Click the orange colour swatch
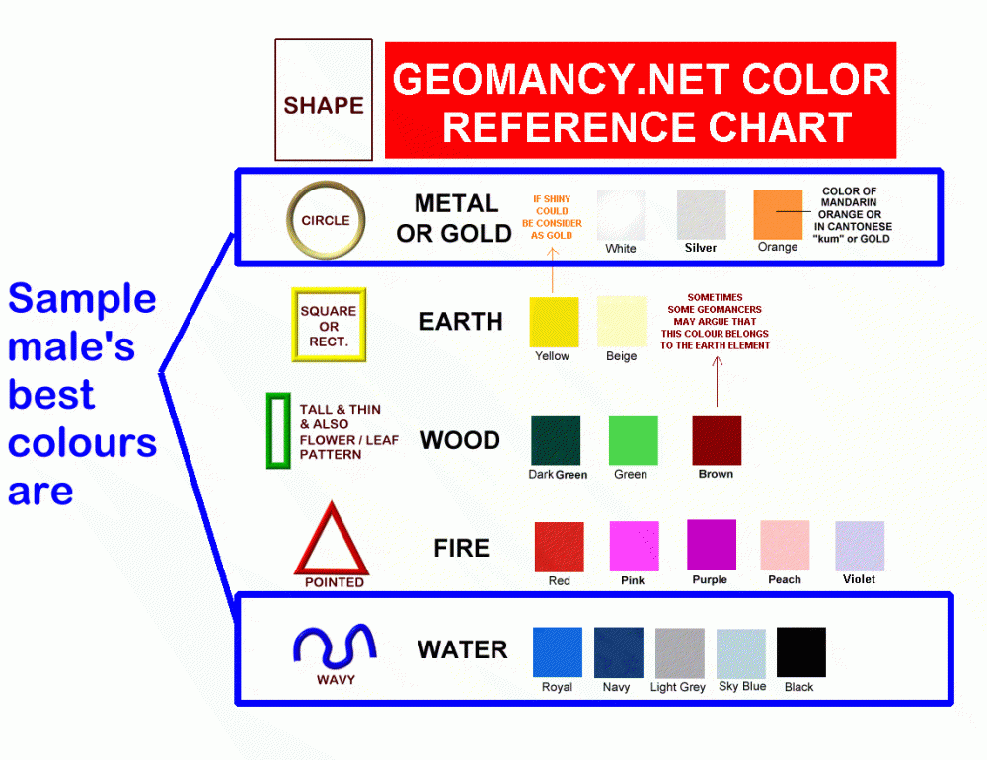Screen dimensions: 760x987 (x=778, y=214)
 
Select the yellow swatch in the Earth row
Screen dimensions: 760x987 (x=554, y=322)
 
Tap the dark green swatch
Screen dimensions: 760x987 (x=556, y=440)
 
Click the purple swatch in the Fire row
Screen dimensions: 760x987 (x=712, y=545)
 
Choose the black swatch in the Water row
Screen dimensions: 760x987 (x=801, y=652)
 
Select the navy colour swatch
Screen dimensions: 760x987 (x=619, y=652)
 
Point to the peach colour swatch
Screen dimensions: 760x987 (x=785, y=546)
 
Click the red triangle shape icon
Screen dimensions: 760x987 (x=332, y=540)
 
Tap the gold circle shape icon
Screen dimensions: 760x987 (x=326, y=220)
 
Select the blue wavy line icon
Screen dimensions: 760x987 (x=335, y=646)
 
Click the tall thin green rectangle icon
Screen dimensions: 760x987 (x=277, y=430)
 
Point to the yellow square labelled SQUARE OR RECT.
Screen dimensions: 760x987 (x=329, y=325)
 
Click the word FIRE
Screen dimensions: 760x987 (x=461, y=548)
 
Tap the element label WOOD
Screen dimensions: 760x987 (x=460, y=440)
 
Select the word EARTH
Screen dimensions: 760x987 (x=461, y=322)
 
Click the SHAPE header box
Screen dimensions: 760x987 (x=324, y=101)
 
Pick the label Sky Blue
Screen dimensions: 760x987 (x=742, y=686)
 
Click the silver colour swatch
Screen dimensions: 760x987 (x=701, y=214)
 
